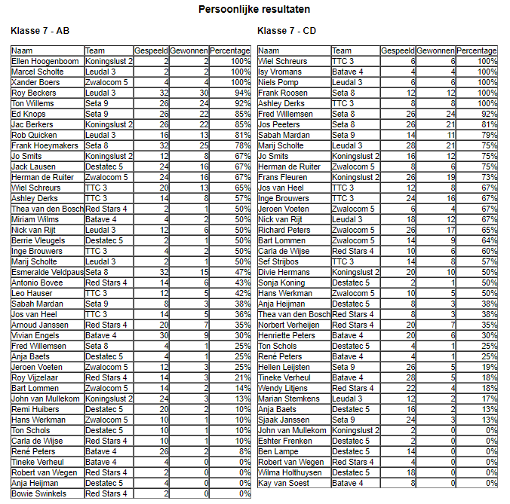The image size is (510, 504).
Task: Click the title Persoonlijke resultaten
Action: coord(254,10)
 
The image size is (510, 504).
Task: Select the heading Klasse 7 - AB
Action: coord(40,31)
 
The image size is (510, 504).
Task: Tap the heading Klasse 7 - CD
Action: coord(287,31)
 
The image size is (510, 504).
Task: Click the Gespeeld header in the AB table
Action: coord(151,50)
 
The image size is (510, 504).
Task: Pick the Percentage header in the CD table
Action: coord(477,50)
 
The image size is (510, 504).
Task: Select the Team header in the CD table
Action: coord(342,50)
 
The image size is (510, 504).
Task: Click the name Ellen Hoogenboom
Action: coord(45,61)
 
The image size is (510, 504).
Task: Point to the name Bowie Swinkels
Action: coord(38,493)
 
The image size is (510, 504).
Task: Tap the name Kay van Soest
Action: coord(284,483)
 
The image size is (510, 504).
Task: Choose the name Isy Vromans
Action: coord(280,72)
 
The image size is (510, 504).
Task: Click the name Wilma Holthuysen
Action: coord(291,472)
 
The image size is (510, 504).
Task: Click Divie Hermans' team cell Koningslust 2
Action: coord(355,272)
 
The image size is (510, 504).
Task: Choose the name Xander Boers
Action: coord(35,82)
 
